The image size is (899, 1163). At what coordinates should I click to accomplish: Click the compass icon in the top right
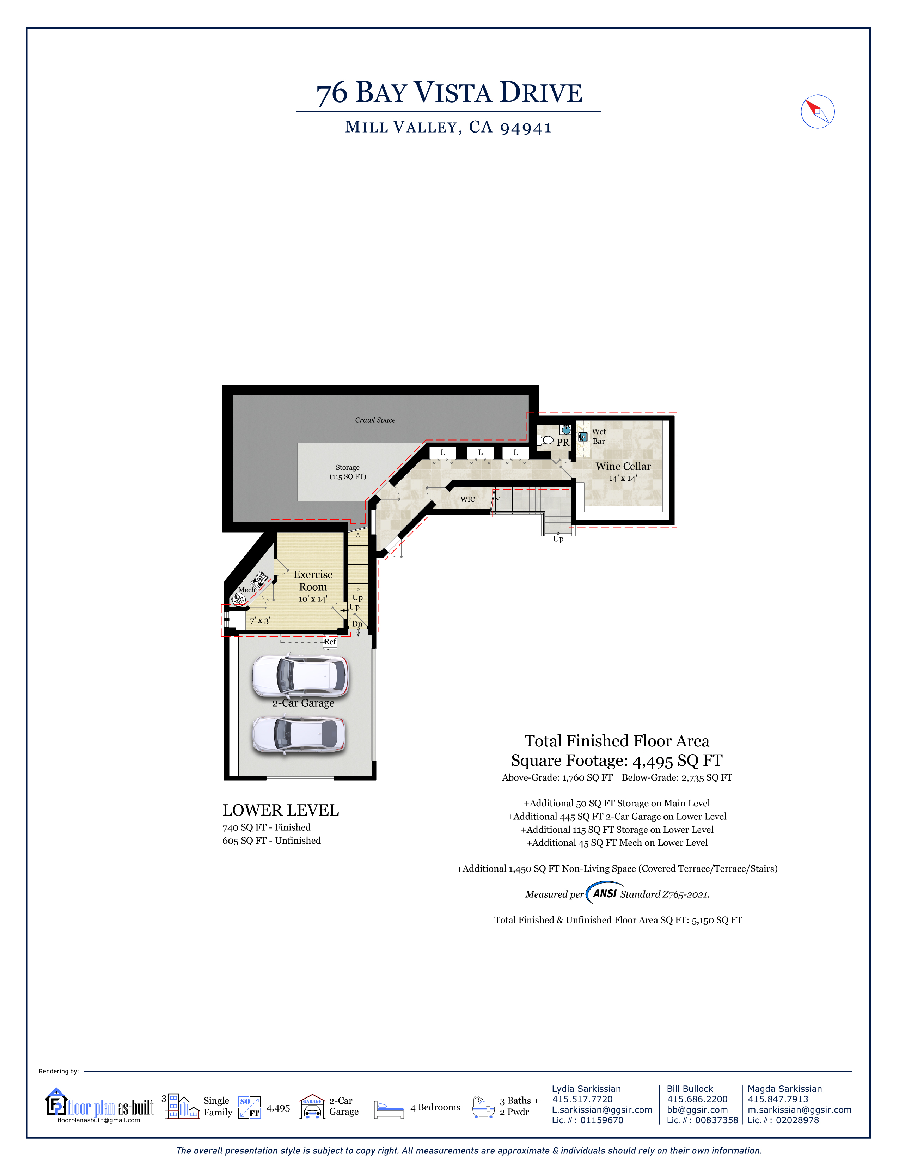pos(818,112)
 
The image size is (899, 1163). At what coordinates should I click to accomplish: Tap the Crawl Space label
pos(375,420)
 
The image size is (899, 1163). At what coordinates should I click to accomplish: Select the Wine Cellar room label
pos(623,467)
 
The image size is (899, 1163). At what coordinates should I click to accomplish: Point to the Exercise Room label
pos(313,580)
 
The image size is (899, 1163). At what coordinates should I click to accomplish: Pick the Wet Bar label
pos(599,437)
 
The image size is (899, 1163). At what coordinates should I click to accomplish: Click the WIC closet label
pos(467,499)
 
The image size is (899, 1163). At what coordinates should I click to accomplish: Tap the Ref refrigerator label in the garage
pos(330,642)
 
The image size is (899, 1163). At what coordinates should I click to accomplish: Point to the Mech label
pos(246,590)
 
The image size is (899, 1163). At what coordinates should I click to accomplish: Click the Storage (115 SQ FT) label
pos(348,472)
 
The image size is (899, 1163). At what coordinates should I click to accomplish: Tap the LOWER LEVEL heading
pos(281,811)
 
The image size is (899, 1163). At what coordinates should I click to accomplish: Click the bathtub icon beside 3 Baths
pos(483,1107)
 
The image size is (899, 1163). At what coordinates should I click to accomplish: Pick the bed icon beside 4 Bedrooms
pos(389,1110)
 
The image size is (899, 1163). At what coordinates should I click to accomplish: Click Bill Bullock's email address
pos(697,1110)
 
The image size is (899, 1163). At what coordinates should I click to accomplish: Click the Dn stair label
pos(357,624)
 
